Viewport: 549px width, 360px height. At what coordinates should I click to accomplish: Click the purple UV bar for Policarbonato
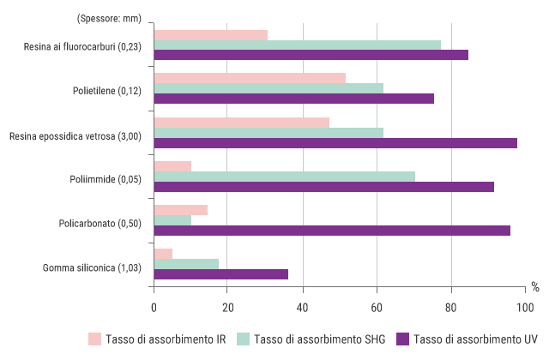pyautogui.click(x=332, y=231)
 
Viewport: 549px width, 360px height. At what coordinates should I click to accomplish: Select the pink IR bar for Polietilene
pyautogui.click(x=250, y=77)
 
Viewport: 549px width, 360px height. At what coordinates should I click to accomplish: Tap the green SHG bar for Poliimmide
pyautogui.click(x=284, y=177)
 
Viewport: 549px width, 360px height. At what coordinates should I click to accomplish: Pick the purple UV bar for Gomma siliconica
pyautogui.click(x=220, y=274)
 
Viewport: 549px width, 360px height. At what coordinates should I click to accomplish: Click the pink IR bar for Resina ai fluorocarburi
pyautogui.click(x=210, y=34)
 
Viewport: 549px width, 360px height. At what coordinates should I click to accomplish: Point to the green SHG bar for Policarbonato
pyautogui.click(x=172, y=220)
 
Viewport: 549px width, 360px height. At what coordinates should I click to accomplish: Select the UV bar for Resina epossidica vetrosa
pyautogui.click(x=335, y=143)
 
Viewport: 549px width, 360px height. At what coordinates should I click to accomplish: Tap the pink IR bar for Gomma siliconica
pyautogui.click(x=163, y=254)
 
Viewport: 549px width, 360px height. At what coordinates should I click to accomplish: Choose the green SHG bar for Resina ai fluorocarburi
pyautogui.click(x=297, y=45)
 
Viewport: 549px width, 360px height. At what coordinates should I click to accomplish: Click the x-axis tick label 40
pyautogui.click(x=302, y=308)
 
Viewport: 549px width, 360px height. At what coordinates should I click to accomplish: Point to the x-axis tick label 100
pyautogui.click(x=525, y=308)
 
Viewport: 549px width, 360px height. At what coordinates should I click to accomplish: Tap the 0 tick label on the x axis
pyautogui.click(x=154, y=308)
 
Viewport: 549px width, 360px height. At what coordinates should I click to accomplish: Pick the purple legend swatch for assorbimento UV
pyautogui.click(x=402, y=339)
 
